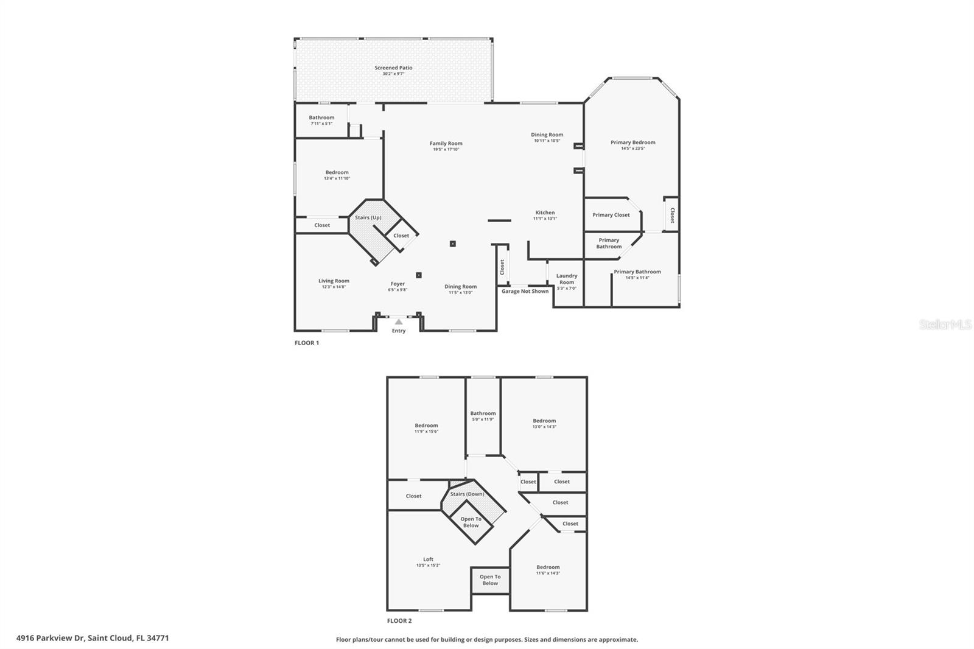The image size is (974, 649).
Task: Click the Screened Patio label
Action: [x=393, y=68]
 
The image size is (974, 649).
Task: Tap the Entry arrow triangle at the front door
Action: [x=398, y=321]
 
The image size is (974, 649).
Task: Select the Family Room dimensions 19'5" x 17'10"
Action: [x=446, y=149]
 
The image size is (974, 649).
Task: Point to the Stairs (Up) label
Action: [x=368, y=217]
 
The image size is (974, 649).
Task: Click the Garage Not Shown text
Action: [x=525, y=291]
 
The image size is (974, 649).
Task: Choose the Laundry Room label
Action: [x=567, y=279]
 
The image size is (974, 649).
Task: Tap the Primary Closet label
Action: [x=611, y=215]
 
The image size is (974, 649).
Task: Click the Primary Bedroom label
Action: [x=633, y=142]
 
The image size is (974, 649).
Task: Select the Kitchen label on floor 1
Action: [x=545, y=212]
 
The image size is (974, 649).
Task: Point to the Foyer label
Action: [x=398, y=284]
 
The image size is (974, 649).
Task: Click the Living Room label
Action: [x=334, y=281]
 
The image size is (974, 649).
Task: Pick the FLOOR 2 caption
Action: [x=399, y=621]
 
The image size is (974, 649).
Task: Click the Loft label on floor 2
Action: [x=429, y=559]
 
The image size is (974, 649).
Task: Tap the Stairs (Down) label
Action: [x=467, y=494]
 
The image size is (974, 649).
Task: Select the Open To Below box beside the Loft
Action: [x=490, y=580]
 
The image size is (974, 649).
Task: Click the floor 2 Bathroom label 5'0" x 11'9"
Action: [x=483, y=413]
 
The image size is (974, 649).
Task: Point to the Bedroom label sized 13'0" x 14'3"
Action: [x=544, y=421]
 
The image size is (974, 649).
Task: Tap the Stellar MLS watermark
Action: [x=945, y=325]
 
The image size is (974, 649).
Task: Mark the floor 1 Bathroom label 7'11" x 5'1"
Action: [x=321, y=118]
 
